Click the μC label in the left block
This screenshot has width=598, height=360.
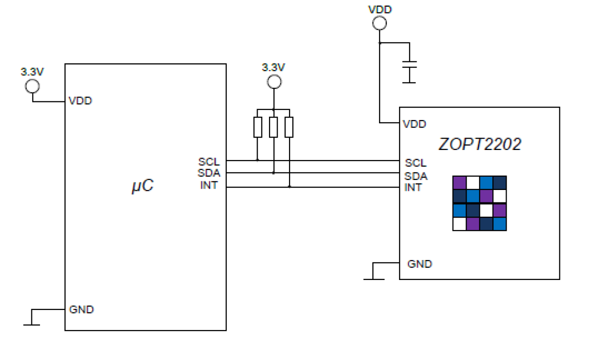pyautogui.click(x=142, y=186)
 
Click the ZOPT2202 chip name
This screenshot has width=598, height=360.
pyautogui.click(x=479, y=144)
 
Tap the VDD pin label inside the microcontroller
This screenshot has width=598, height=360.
pyautogui.click(x=80, y=101)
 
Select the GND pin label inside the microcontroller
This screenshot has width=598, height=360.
pyautogui.click(x=81, y=310)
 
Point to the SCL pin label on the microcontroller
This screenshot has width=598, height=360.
pyautogui.click(x=209, y=162)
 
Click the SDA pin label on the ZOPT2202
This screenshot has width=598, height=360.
pyautogui.click(x=416, y=176)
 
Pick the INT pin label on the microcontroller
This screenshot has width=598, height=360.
pyautogui.click(x=209, y=185)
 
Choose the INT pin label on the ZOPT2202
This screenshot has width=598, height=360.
pyautogui.click(x=413, y=188)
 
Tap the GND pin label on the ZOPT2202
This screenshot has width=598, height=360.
pyautogui.click(x=419, y=264)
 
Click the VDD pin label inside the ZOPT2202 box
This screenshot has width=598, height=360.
pyautogui.click(x=414, y=124)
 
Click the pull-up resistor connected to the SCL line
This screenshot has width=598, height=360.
pyautogui.click(x=258, y=127)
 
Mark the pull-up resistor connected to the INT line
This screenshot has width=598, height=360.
pyautogui.click(x=289, y=127)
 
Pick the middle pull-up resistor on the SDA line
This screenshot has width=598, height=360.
pyautogui.click(x=273, y=127)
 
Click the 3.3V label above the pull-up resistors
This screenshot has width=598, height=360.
pyautogui.click(x=273, y=68)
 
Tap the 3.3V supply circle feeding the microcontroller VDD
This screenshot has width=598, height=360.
pyautogui.click(x=32, y=86)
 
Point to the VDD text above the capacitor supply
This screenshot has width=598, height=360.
pyautogui.click(x=380, y=10)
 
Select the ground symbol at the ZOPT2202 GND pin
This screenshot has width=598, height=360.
pyautogui.click(x=374, y=278)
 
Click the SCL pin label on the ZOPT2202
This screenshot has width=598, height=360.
pyautogui.click(x=415, y=163)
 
